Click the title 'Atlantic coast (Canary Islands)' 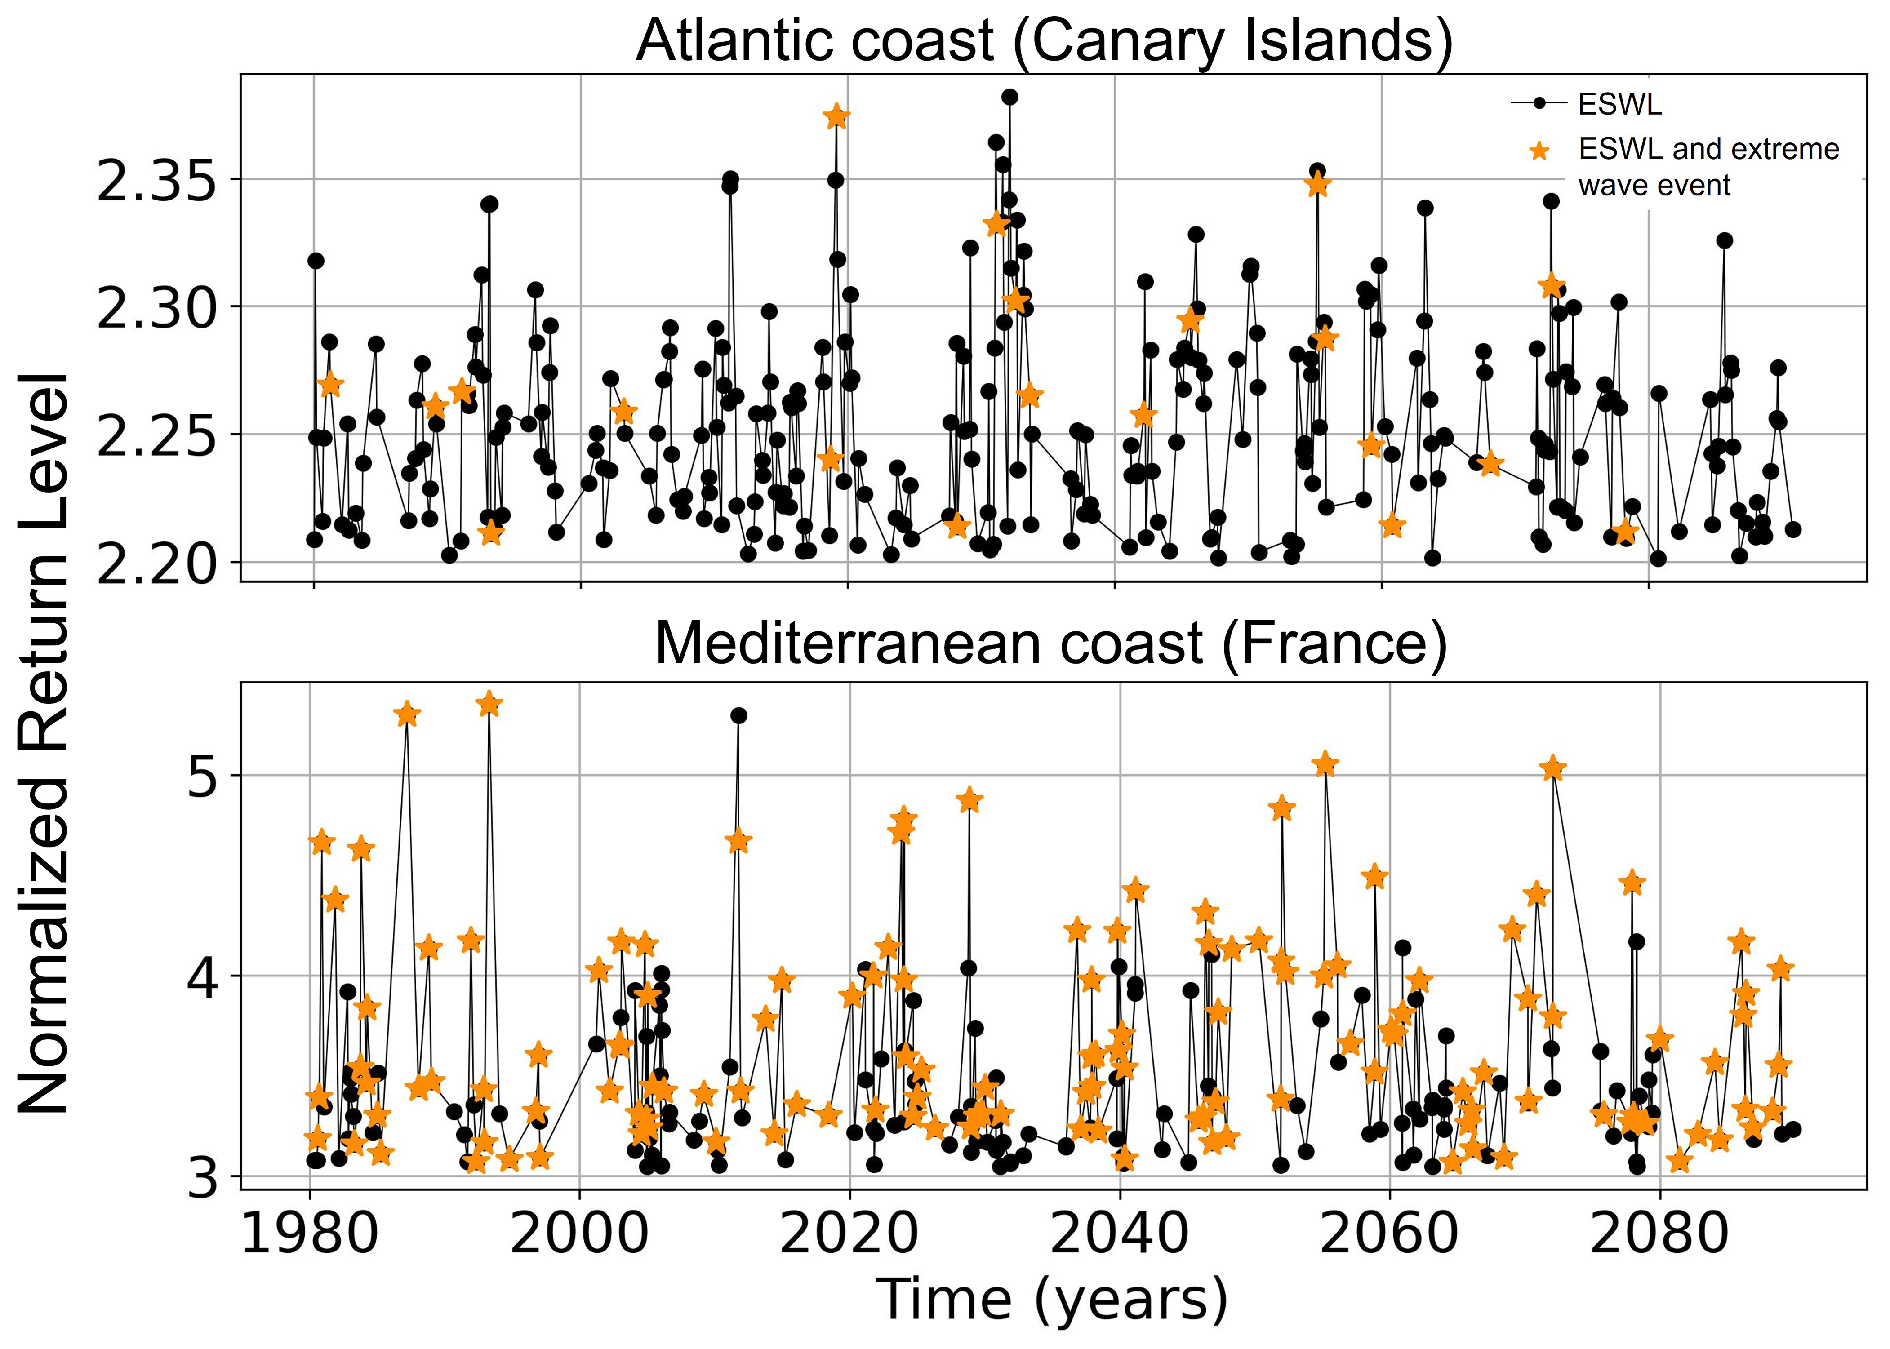coord(1044,40)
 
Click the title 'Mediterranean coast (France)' coord(1051,644)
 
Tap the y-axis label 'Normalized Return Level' coord(43,743)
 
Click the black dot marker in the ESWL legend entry coord(1539,104)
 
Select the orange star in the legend coord(1539,151)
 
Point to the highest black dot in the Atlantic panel coord(1009,97)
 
